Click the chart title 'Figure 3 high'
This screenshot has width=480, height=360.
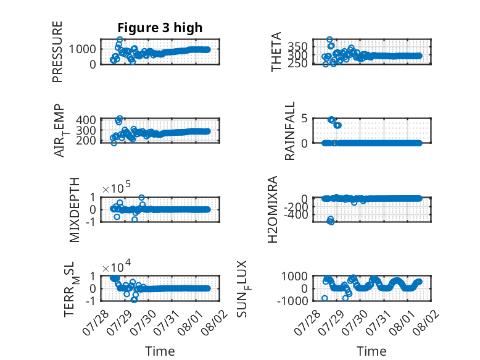(160, 28)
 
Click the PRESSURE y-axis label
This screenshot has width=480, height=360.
(57, 52)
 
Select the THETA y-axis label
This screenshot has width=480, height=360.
(276, 52)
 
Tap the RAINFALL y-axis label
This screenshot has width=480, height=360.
(289, 131)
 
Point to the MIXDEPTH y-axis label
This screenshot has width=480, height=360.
(74, 210)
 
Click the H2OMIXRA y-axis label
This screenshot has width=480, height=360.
(273, 209)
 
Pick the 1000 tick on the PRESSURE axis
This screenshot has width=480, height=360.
(82, 49)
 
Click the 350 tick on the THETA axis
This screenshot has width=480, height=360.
(297, 47)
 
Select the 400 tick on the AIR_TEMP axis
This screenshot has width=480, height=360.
(86, 120)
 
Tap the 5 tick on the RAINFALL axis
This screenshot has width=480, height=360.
(304, 119)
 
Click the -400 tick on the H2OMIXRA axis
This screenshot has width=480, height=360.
(296, 215)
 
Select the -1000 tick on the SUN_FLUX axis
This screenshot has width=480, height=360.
(292, 301)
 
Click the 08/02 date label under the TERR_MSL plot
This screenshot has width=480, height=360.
(215, 322)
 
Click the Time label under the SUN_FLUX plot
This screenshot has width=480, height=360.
(371, 351)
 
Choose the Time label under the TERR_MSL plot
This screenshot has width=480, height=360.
(160, 351)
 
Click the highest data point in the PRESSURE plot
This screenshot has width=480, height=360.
(120, 40)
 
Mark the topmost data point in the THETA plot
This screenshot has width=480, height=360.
(329, 40)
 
